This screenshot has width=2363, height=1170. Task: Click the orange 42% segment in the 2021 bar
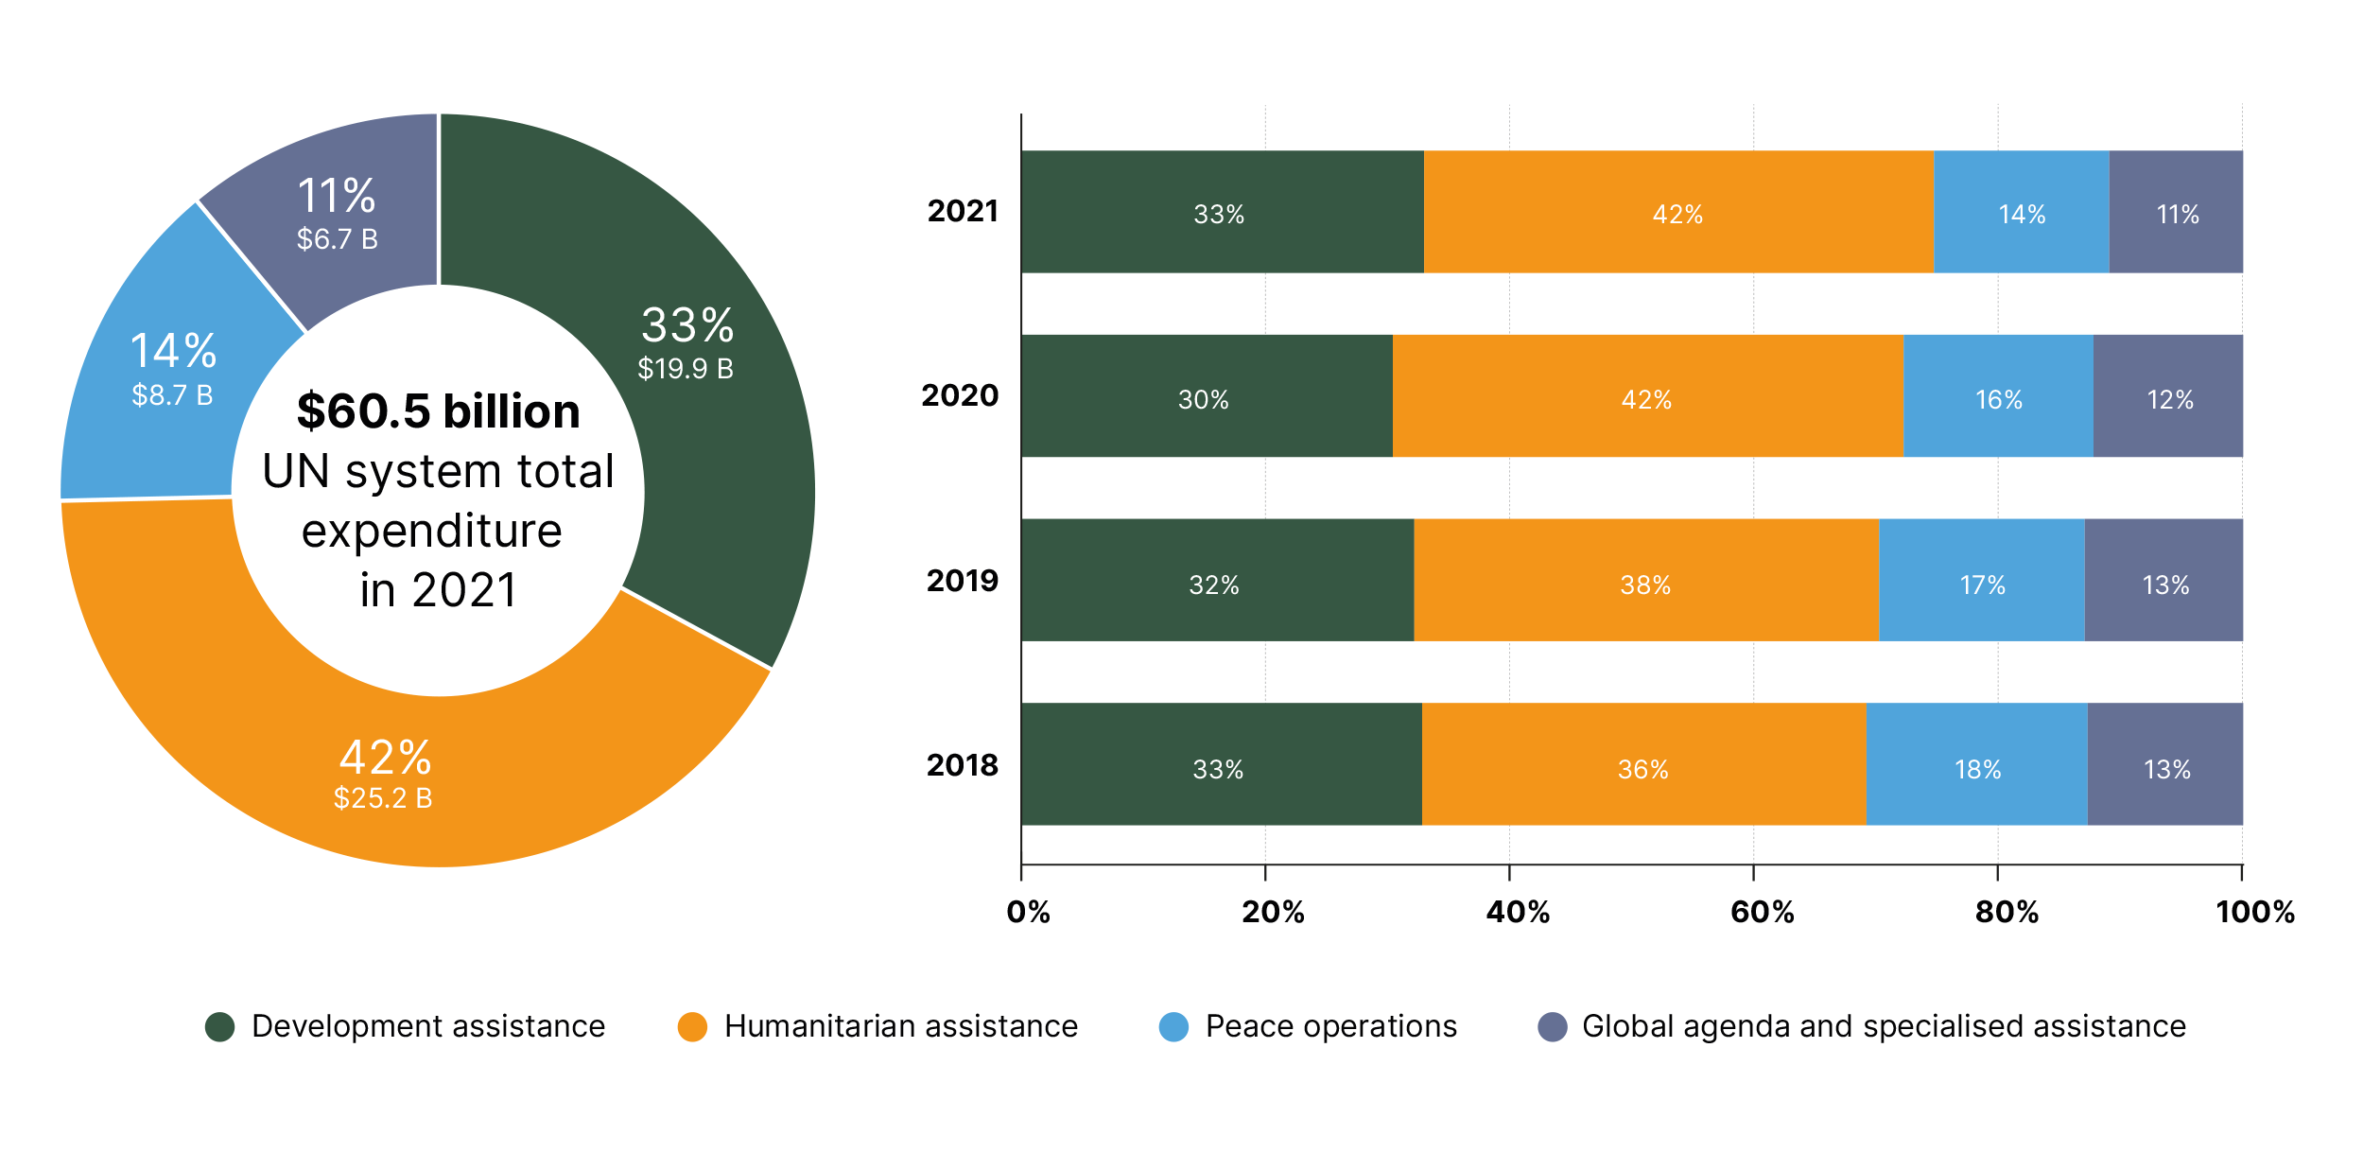[x=1678, y=213]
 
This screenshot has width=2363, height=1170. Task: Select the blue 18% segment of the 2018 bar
[x=1976, y=764]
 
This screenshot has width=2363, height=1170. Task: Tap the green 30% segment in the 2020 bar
[x=1206, y=396]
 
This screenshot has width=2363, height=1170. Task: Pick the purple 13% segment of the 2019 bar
[x=2163, y=581]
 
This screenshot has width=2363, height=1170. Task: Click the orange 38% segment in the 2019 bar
[x=1645, y=581]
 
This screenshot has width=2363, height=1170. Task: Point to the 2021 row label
[x=963, y=211]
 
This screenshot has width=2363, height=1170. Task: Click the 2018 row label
[x=963, y=765]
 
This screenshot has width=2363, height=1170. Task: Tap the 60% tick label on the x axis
[x=1762, y=912]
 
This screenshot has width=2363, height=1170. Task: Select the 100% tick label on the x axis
[x=2255, y=912]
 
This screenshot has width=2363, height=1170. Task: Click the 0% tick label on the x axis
[x=1028, y=912]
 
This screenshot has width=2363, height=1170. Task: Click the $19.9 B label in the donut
[x=686, y=369]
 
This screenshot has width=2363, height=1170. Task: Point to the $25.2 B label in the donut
[x=383, y=798]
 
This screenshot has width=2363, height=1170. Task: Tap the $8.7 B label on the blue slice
[x=172, y=395]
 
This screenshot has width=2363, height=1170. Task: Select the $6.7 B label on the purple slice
[x=338, y=239]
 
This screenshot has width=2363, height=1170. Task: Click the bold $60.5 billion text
[x=438, y=411]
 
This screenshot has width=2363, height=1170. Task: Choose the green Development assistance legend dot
[x=220, y=1027]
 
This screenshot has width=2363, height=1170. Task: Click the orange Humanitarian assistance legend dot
[x=693, y=1027]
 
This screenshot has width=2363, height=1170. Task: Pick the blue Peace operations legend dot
[x=1173, y=1027]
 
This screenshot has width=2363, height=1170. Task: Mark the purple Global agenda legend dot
[x=1553, y=1027]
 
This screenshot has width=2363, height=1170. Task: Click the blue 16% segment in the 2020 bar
[x=1998, y=396]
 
